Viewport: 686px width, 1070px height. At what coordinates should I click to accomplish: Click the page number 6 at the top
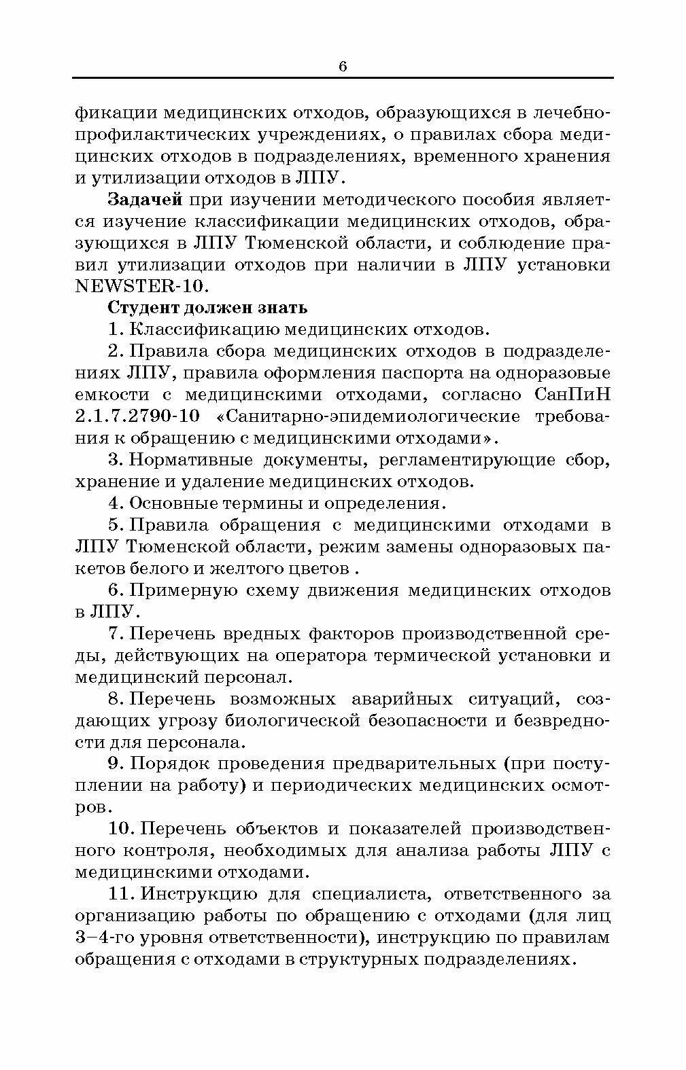342,66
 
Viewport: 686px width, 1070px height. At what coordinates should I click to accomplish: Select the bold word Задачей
145,200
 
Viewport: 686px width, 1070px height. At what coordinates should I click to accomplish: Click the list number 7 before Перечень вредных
115,634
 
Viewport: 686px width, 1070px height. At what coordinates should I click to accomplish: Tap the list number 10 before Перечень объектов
121,829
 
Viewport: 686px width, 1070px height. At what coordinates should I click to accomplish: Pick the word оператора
322,656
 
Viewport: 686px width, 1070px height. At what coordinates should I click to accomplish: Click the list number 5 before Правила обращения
115,525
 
